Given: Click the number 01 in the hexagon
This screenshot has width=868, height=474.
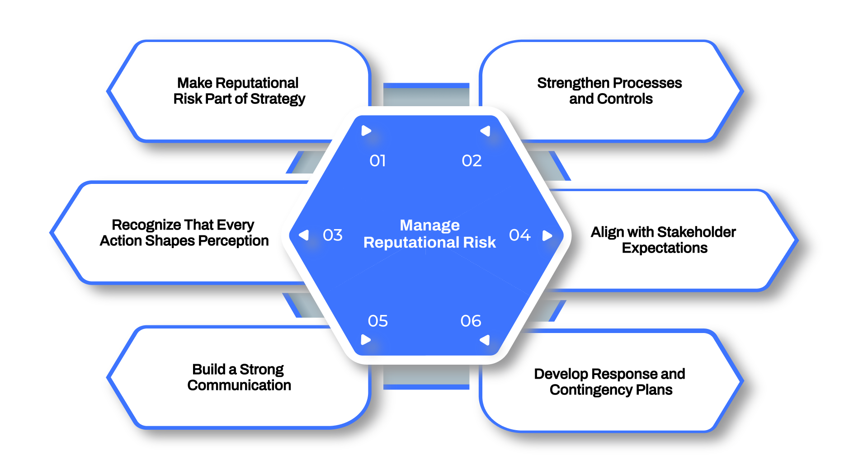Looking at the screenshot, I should (x=377, y=161).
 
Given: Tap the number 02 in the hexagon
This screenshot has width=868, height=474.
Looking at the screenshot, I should (x=472, y=161).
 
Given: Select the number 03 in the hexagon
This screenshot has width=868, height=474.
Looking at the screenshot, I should (x=333, y=235).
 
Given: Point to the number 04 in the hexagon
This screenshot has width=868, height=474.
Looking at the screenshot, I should (x=519, y=235).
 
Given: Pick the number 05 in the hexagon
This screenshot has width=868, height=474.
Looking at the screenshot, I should (x=378, y=321).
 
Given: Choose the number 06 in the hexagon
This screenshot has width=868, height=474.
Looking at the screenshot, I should (x=471, y=321).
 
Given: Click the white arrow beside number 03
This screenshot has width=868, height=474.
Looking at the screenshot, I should (x=304, y=235).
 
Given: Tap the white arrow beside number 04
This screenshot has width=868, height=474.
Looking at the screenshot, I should (x=547, y=235).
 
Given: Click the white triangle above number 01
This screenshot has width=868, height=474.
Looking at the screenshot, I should (x=366, y=131).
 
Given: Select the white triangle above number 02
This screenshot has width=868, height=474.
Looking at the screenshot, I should (x=486, y=131).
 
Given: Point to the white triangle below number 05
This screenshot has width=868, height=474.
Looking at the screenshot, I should (x=366, y=340).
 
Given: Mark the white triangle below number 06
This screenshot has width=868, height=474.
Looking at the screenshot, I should (x=485, y=340).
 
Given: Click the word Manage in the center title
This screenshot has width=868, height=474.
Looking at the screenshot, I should (x=429, y=225).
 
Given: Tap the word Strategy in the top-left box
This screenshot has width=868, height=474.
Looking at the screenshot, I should (x=278, y=99).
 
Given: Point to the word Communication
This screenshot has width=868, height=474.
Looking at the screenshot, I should (x=239, y=385).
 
